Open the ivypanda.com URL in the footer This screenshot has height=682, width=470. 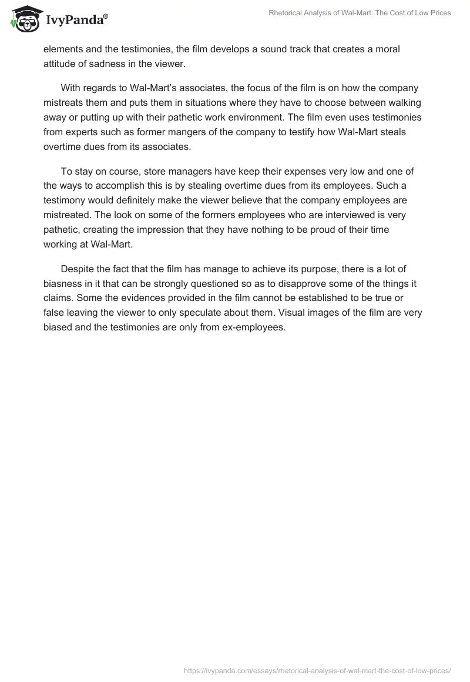pyautogui.click(x=317, y=670)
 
